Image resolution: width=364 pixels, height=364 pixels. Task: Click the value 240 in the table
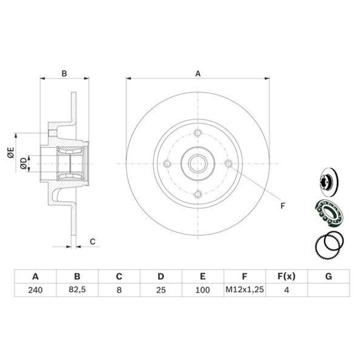click(x=35, y=290)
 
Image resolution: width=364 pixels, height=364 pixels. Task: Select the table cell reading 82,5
click(x=77, y=290)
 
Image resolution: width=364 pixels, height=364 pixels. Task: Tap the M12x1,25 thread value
click(x=245, y=290)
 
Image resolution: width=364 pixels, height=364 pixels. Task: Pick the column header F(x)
click(x=287, y=276)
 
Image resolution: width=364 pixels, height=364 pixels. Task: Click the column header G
click(x=329, y=276)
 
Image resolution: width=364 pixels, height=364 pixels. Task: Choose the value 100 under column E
click(x=203, y=290)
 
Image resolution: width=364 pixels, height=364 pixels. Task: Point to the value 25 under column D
click(x=161, y=290)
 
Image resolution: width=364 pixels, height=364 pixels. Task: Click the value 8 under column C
click(x=119, y=290)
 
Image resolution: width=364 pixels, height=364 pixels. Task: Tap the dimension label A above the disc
click(x=198, y=73)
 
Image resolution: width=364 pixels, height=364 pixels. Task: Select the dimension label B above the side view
click(x=65, y=73)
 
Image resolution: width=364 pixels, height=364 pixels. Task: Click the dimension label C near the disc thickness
click(x=92, y=242)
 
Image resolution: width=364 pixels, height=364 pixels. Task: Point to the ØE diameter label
click(x=10, y=152)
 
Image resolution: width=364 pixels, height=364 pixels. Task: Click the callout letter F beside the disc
click(x=282, y=206)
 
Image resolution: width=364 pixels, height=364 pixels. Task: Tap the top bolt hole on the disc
click(x=197, y=133)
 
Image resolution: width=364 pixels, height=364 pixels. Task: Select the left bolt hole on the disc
click(x=167, y=164)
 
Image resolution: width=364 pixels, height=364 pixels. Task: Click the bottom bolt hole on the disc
click(x=197, y=194)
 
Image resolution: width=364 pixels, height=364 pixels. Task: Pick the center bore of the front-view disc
click(x=197, y=164)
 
